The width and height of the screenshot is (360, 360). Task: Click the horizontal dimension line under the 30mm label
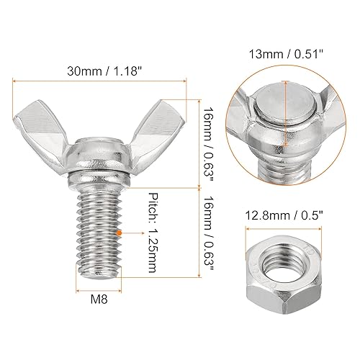(x=99, y=84)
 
